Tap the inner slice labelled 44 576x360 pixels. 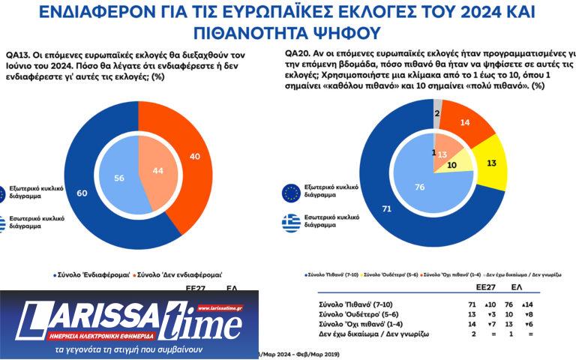pyautogui.click(x=158, y=171)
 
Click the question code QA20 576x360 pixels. pyautogui.click(x=297, y=54)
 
